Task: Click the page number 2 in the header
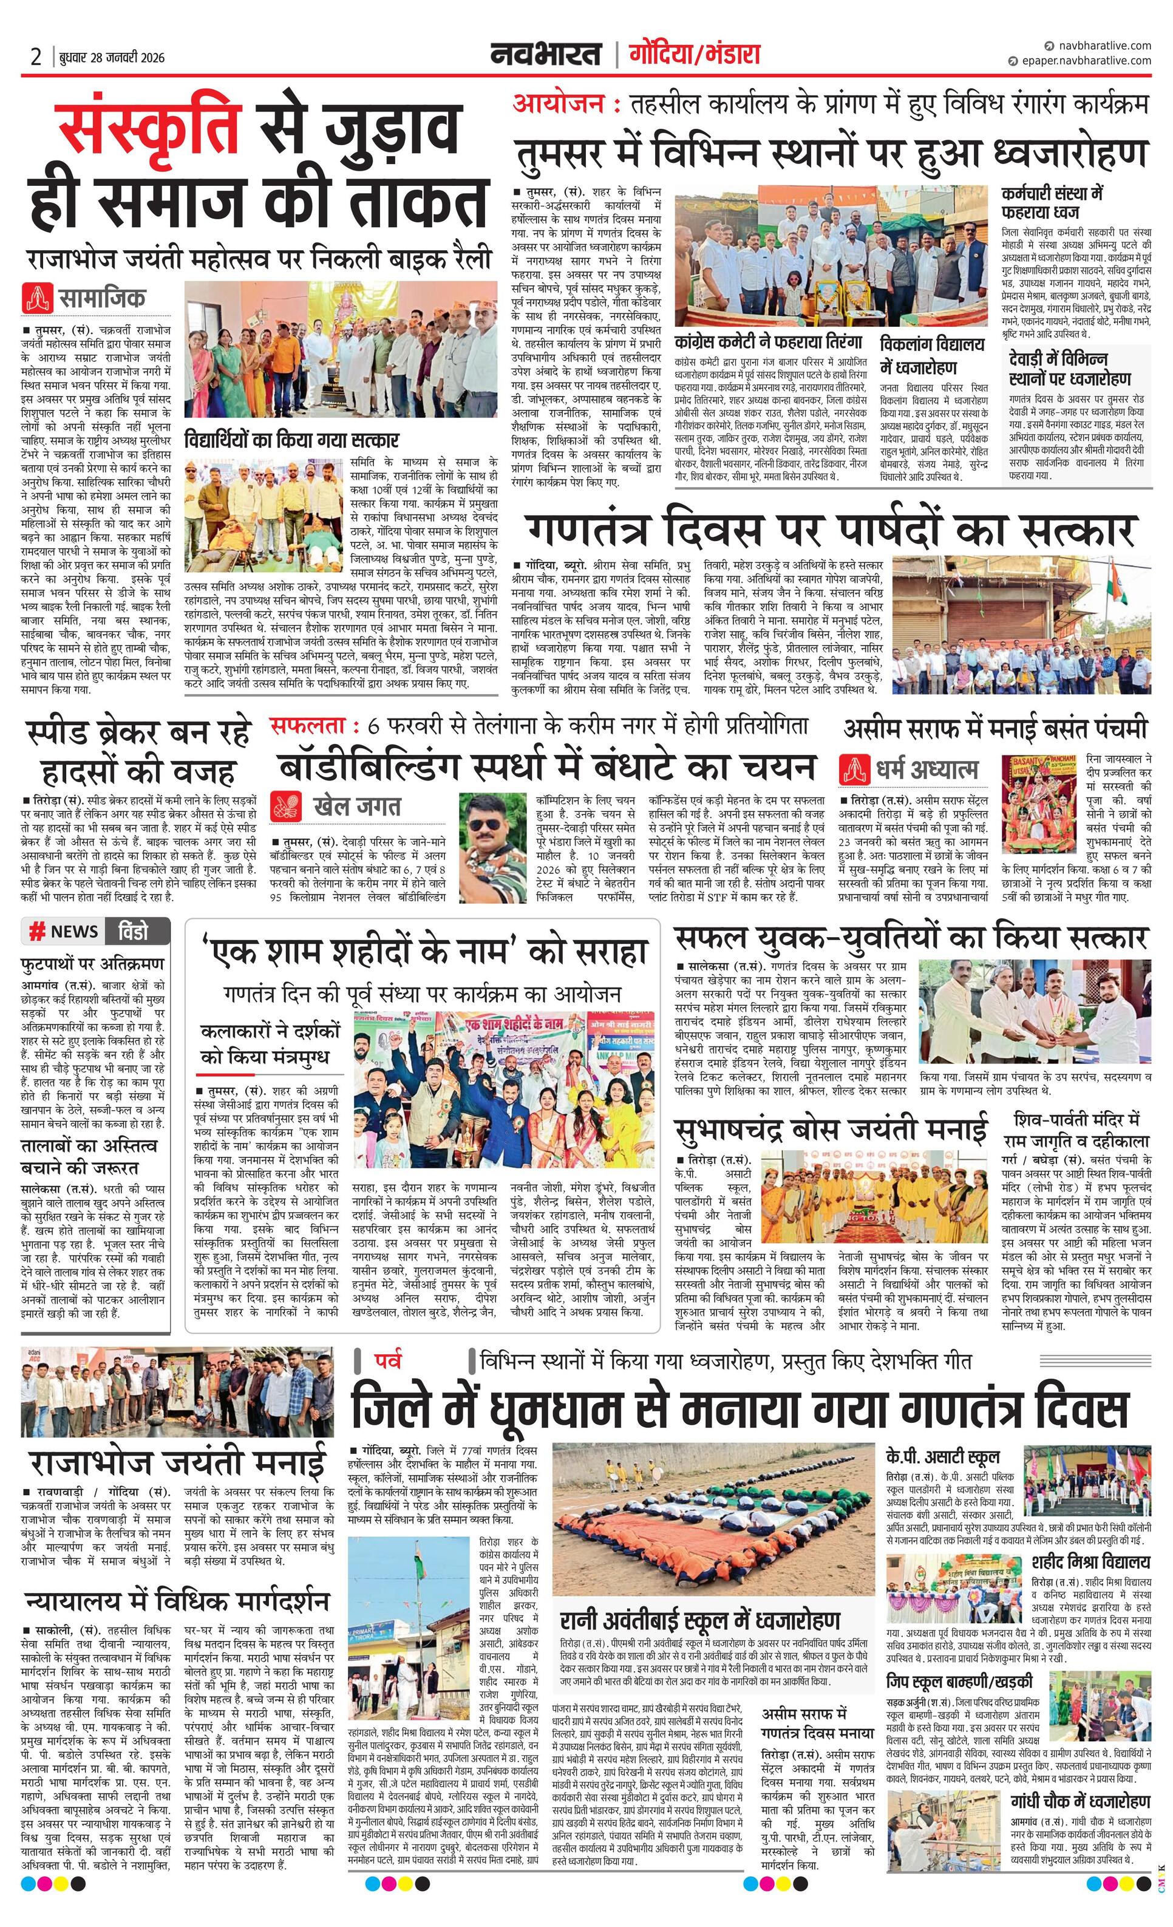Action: [36, 57]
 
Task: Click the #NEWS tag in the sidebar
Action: [66, 930]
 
